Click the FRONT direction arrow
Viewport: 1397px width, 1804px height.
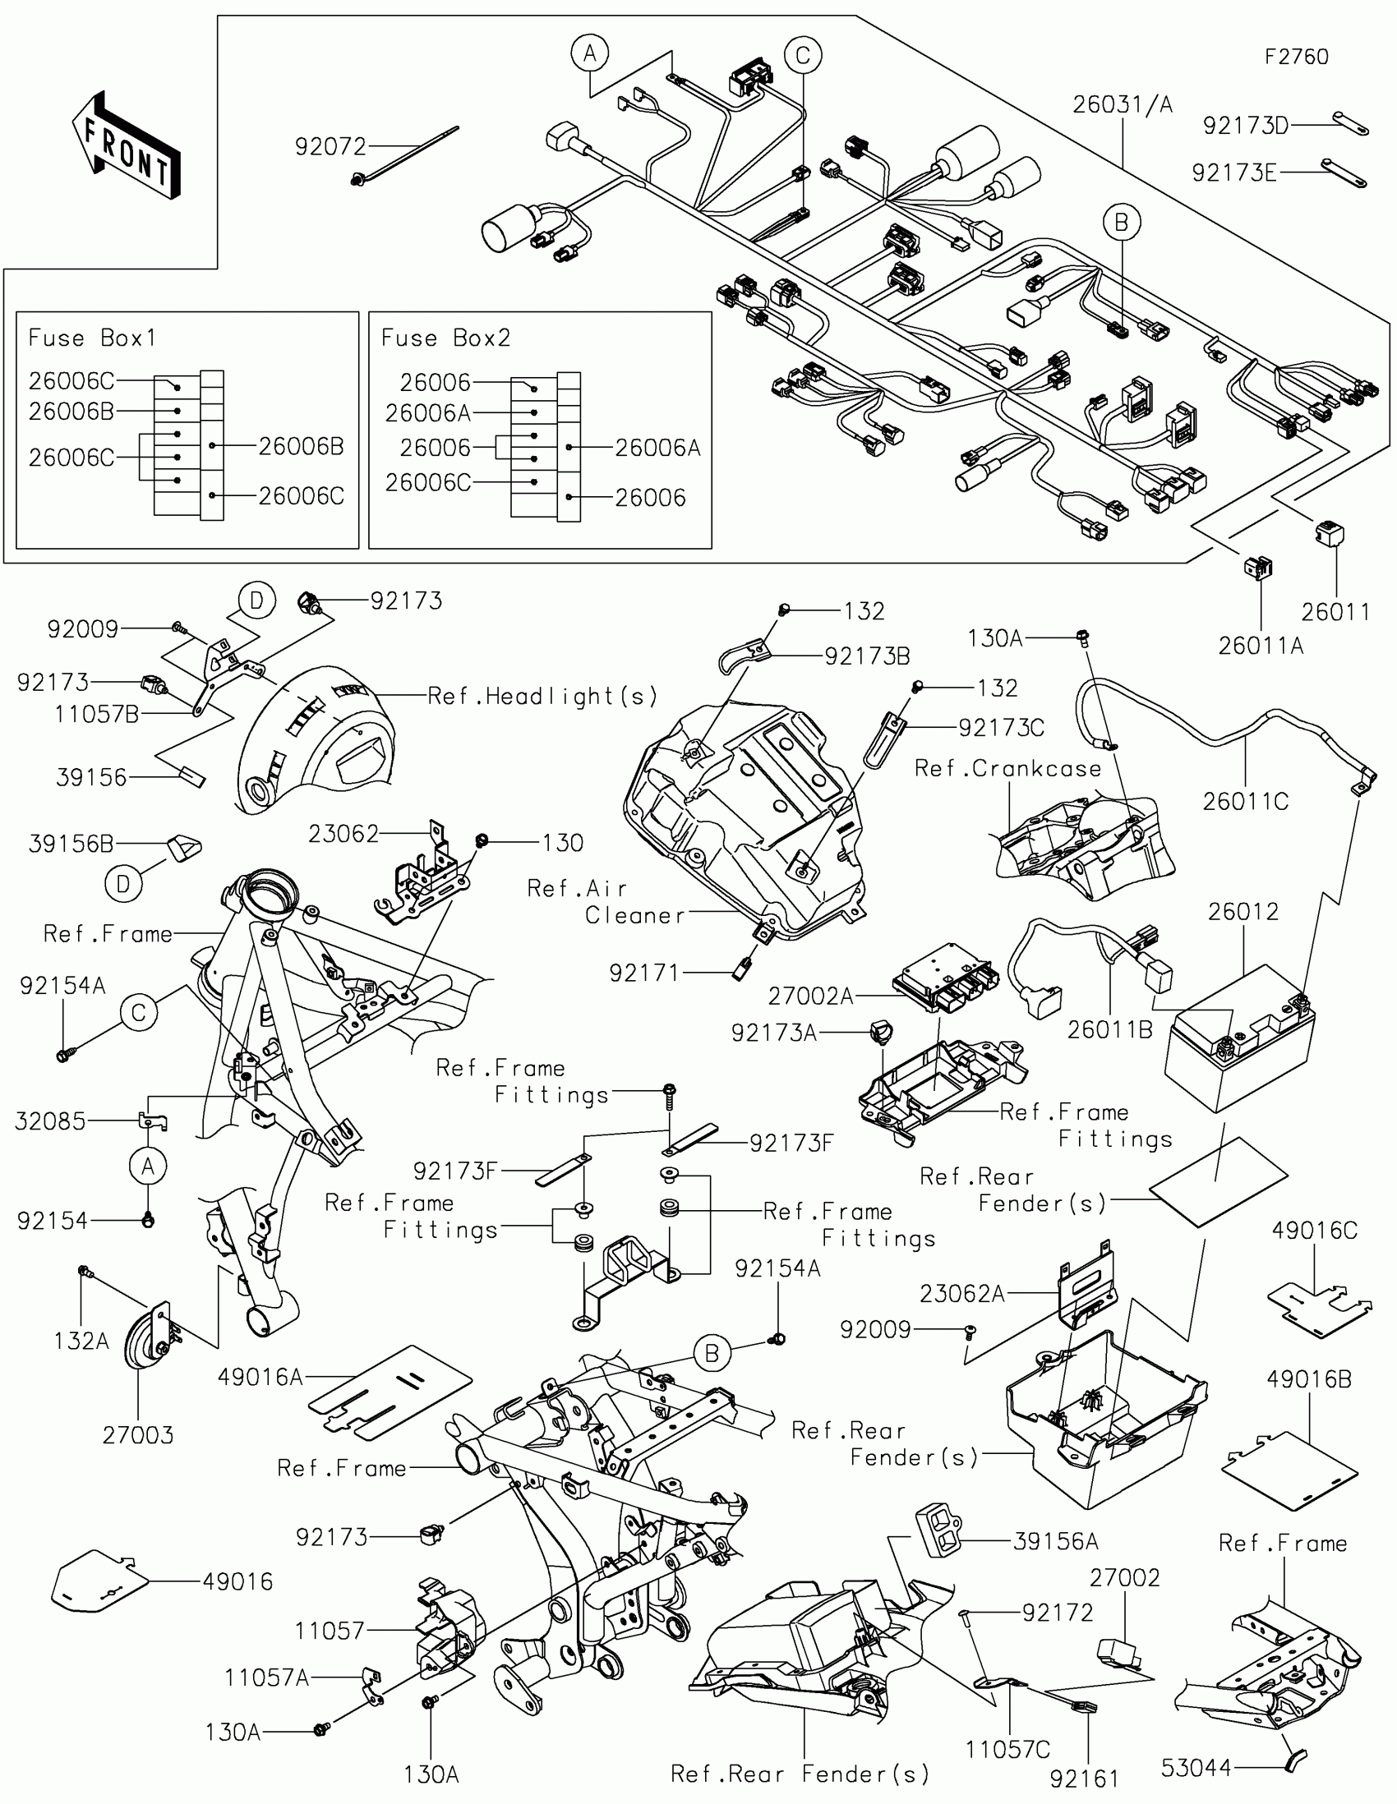(127, 145)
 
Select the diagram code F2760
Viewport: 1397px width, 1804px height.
(1296, 57)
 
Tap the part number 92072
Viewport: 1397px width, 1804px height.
(330, 147)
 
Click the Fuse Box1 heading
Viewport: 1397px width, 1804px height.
(92, 338)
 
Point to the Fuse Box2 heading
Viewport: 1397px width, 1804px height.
(445, 338)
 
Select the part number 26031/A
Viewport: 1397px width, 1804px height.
(1123, 105)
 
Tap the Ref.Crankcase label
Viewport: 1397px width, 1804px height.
(1007, 768)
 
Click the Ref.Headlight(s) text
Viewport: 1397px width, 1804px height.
(542, 697)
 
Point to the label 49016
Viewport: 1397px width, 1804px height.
(238, 1582)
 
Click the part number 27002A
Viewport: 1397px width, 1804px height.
(810, 996)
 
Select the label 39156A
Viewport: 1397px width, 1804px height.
(1056, 1541)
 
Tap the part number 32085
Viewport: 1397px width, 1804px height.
(50, 1121)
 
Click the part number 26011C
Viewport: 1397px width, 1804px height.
(1245, 802)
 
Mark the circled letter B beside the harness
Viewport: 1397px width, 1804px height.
(1121, 222)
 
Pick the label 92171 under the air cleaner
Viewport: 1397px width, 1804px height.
(643, 973)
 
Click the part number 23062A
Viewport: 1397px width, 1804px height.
(962, 1294)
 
